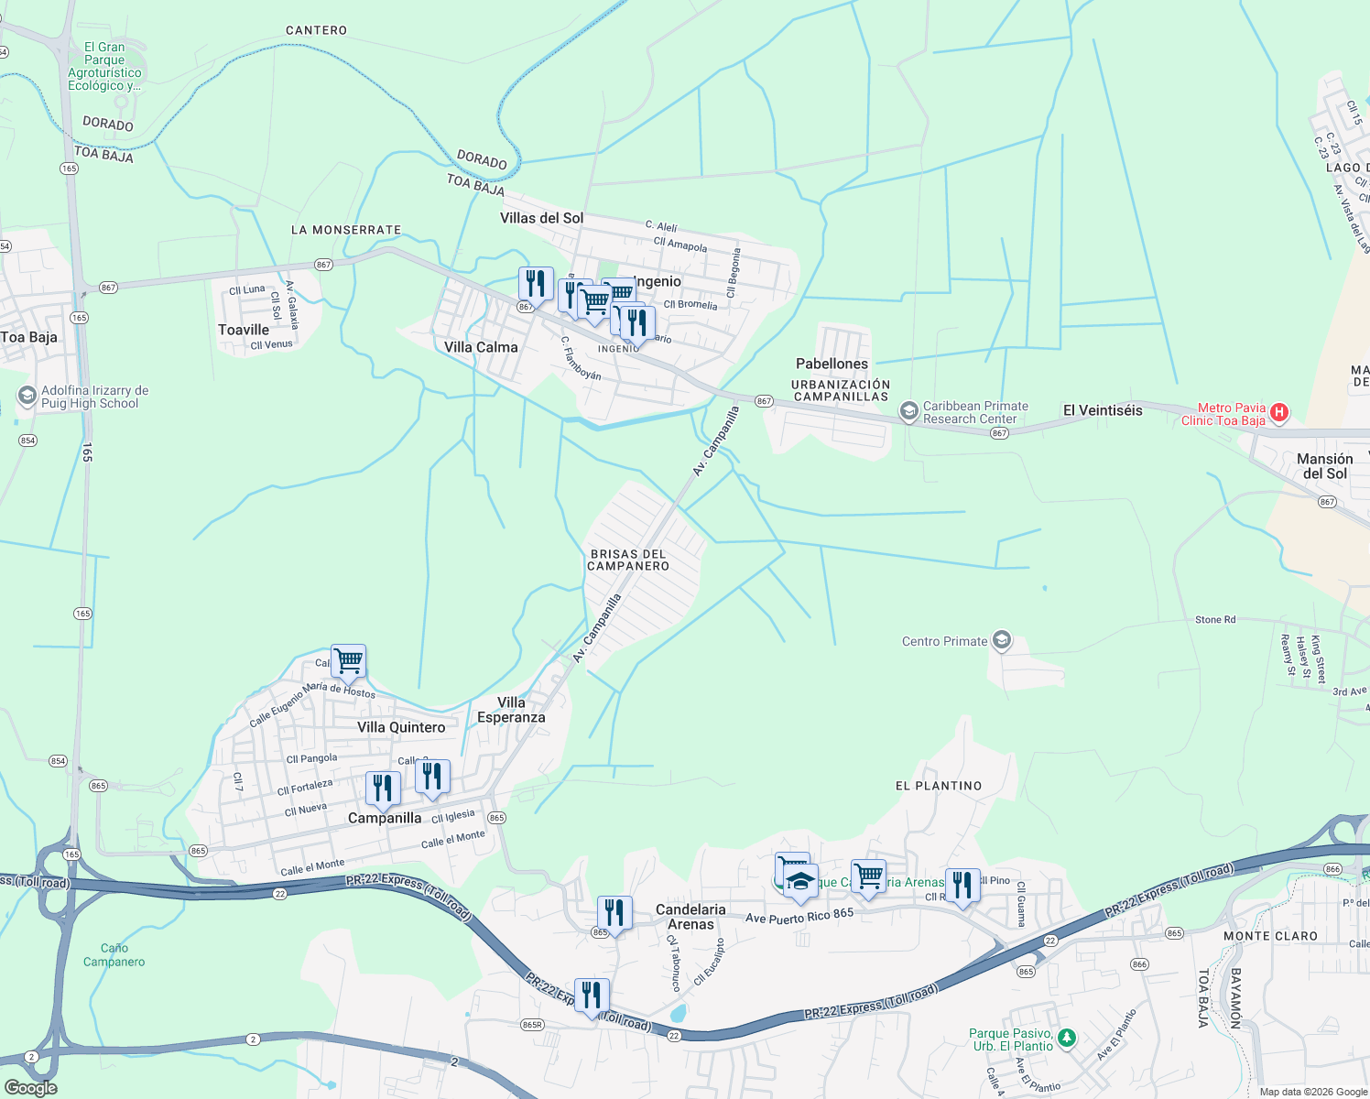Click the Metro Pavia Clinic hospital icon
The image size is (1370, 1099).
click(x=1279, y=413)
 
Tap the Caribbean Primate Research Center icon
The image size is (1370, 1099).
click(x=908, y=411)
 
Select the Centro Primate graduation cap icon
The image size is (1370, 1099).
click(x=1002, y=640)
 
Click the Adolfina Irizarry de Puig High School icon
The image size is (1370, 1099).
click(x=27, y=396)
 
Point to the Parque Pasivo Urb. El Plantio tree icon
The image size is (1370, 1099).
click(x=1066, y=1038)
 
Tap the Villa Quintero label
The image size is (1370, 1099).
click(x=401, y=727)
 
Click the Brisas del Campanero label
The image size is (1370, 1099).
click(x=628, y=560)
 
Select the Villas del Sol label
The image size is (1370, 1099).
click(x=541, y=218)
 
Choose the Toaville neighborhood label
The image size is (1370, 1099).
click(x=244, y=330)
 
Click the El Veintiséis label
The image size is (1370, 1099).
click(x=1103, y=410)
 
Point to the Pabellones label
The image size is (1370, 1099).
click(x=832, y=364)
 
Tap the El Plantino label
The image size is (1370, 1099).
click(x=939, y=786)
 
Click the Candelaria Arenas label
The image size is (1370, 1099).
click(x=690, y=917)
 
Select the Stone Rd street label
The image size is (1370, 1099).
click(x=1215, y=620)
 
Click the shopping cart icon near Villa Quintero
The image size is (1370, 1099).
click(x=348, y=660)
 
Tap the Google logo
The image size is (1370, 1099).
click(x=31, y=1087)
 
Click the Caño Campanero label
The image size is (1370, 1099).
click(x=114, y=955)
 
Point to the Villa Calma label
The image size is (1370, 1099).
click(x=481, y=347)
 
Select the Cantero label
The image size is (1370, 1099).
click(x=316, y=30)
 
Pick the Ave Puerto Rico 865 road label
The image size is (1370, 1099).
click(x=799, y=915)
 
